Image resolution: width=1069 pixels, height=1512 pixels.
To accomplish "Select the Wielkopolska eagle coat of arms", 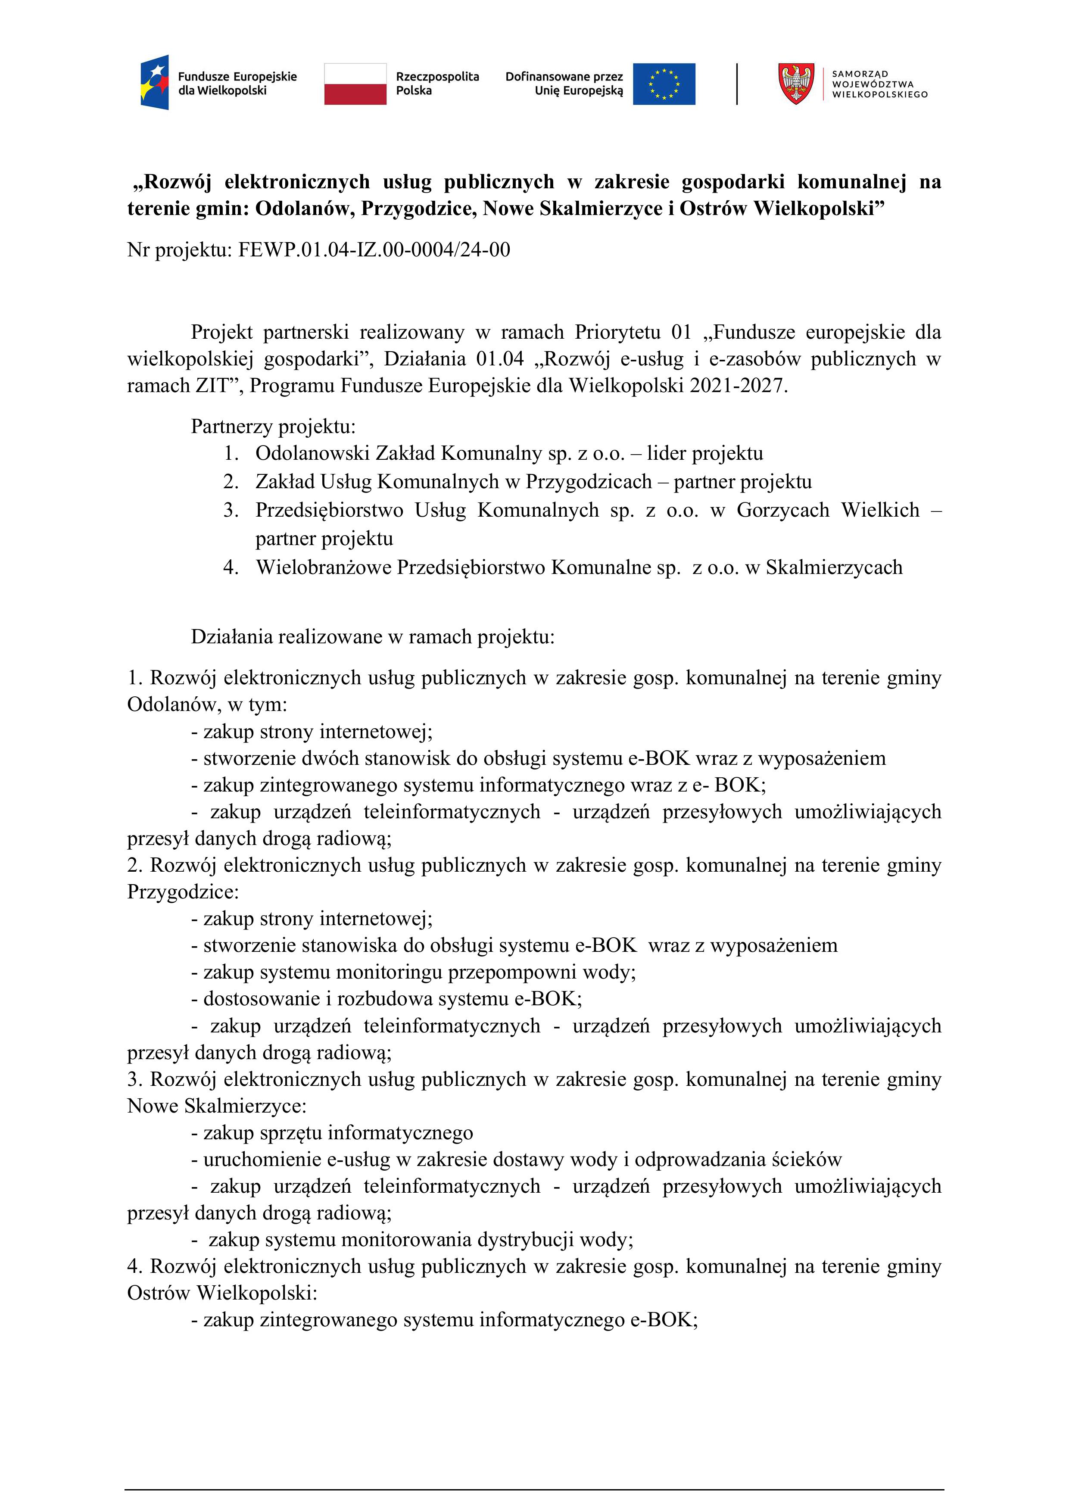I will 796,84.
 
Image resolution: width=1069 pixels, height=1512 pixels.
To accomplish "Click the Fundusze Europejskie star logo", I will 155,82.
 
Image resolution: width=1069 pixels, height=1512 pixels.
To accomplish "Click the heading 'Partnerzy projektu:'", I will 273,427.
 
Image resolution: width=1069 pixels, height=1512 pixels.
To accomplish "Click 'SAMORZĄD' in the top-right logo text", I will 860,74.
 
